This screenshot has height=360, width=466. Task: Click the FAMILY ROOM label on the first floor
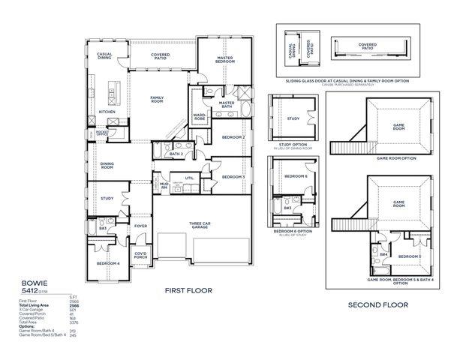point(157,99)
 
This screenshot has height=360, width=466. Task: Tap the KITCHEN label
point(108,112)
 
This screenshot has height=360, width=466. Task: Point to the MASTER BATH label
point(227,104)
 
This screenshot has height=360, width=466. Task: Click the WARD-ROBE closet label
point(200,118)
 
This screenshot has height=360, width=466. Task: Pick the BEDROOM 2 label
point(233,137)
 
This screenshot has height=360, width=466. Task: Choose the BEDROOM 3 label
point(233,177)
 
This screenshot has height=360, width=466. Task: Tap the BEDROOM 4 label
point(107,264)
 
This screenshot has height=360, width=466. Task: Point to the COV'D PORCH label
point(140,255)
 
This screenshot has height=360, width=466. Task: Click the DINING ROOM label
point(107,166)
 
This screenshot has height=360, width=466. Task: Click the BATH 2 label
point(176,154)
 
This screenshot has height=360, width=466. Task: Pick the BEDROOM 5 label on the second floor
point(409,257)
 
